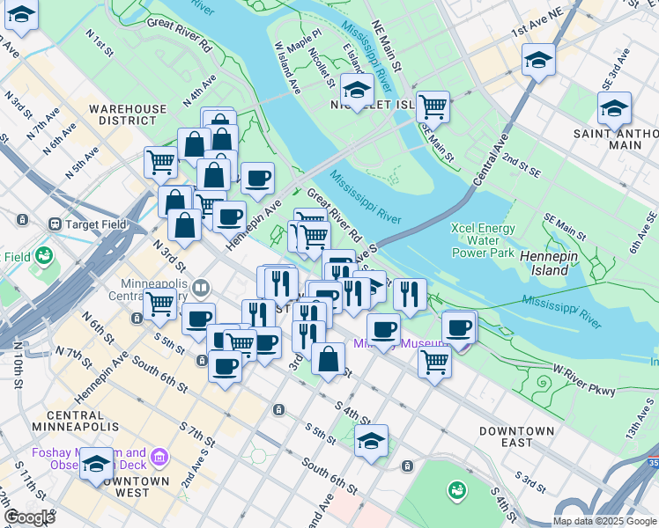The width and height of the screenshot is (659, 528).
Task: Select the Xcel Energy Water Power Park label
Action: click(x=482, y=239)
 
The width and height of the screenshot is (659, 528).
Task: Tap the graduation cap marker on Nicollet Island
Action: click(x=357, y=90)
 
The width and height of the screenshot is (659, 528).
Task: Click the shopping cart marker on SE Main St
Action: click(x=433, y=107)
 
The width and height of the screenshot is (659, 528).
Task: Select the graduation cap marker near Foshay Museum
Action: click(x=96, y=466)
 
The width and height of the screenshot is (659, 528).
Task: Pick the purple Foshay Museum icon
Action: click(x=159, y=456)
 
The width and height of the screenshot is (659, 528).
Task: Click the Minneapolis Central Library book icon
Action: click(x=202, y=287)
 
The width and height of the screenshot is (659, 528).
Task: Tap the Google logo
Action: click(x=30, y=517)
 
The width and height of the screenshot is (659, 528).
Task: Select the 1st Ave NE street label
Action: click(x=537, y=24)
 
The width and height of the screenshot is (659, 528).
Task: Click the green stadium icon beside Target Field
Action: click(x=43, y=256)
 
